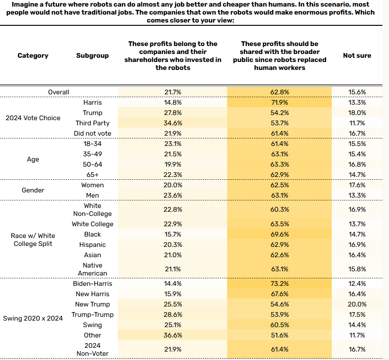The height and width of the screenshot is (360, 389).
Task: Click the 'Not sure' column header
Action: pos(357,55)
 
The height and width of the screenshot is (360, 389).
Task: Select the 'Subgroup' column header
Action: pos(92,55)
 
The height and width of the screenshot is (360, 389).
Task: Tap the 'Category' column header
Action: pos(33,55)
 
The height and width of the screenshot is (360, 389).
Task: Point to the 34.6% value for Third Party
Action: pos(173,123)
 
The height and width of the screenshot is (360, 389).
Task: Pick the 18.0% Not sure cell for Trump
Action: pos(357,113)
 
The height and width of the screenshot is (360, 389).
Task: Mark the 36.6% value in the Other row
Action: pos(173,335)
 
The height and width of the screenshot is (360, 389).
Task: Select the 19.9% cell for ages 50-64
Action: pos(173,164)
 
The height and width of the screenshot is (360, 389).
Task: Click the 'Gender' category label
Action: pos(33,190)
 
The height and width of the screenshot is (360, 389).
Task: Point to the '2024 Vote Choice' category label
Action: pos(33,118)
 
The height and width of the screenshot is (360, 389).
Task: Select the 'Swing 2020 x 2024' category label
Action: pos(33,318)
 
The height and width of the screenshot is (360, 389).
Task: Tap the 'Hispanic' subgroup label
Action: pos(92,245)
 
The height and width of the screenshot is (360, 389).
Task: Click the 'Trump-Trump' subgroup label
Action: pos(92,314)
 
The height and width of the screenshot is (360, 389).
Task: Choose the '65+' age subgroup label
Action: pos(92,175)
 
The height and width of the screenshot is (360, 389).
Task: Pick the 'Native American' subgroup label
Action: pos(92,269)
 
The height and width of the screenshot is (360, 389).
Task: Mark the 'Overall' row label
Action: pos(59,92)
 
